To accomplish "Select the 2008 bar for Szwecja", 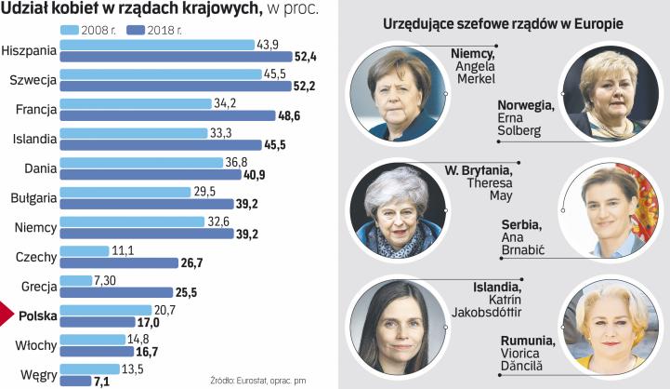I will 157,74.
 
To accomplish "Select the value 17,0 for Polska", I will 148,321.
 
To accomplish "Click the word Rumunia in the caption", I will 521,341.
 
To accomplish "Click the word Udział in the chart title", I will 26,9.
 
